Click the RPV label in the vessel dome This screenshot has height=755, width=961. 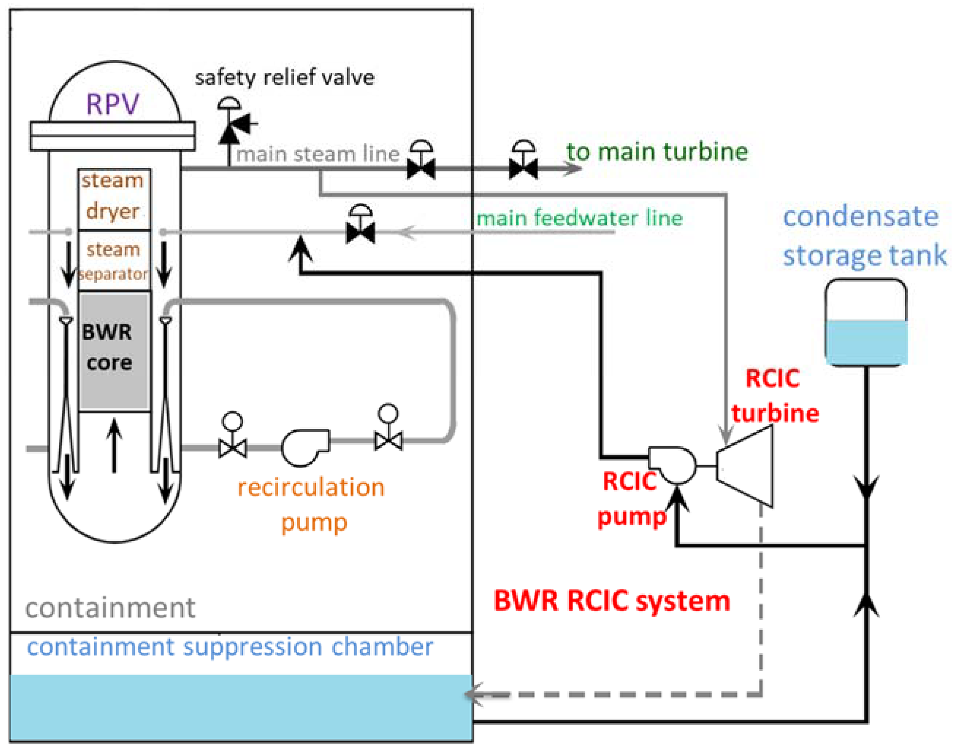[112, 104]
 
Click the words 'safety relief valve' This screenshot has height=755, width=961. [284, 78]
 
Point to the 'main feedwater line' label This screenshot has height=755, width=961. [579, 218]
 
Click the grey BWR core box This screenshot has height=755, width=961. [114, 351]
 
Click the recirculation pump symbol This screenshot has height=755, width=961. [305, 447]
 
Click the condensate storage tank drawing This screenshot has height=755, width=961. [865, 322]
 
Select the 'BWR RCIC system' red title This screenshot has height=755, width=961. [612, 601]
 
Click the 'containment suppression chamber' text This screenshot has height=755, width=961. [230, 647]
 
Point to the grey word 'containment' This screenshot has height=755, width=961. [110, 608]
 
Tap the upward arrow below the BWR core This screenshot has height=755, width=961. [114, 444]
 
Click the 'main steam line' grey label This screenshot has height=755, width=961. [318, 154]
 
